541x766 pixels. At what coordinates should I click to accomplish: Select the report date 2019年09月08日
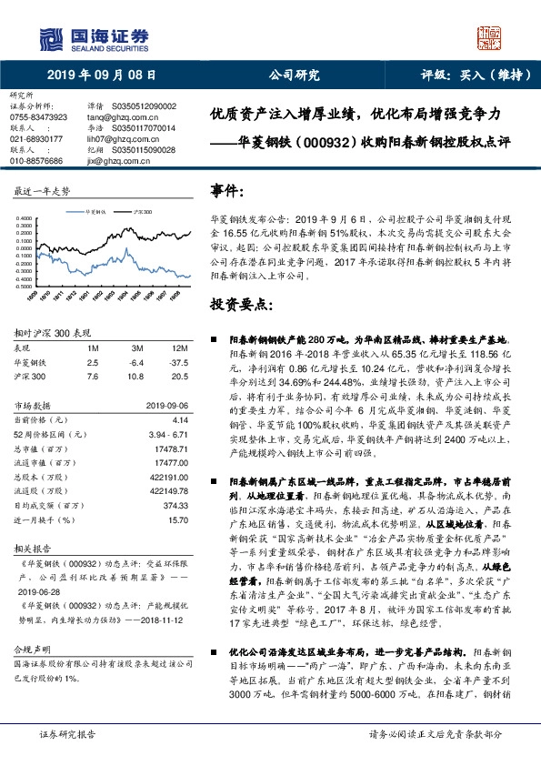pyautogui.click(x=100, y=76)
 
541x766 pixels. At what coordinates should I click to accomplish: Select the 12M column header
pyautogui.click(x=181, y=348)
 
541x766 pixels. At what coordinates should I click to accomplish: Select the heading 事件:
pyautogui.click(x=227, y=191)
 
